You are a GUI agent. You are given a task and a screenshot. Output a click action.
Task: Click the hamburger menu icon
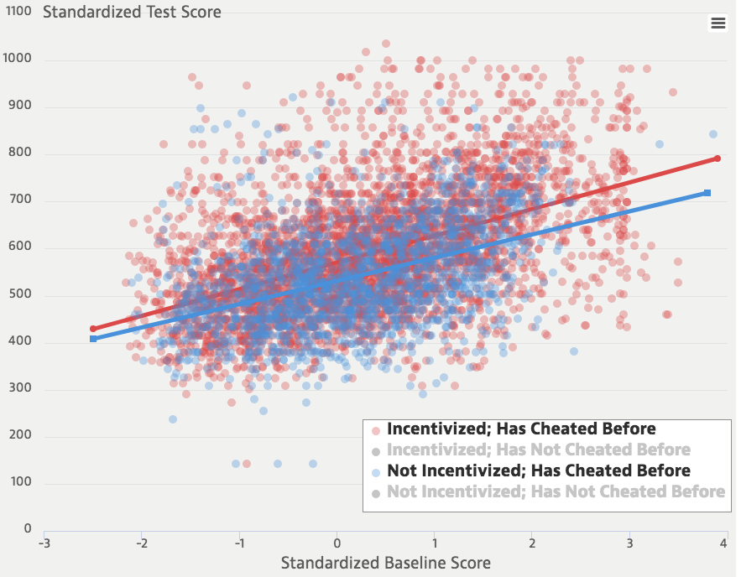pyautogui.click(x=718, y=23)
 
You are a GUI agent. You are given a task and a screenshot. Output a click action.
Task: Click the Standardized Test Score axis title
pyautogui.click(x=132, y=12)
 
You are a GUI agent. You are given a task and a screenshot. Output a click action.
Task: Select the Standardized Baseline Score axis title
pyautogui.click(x=385, y=562)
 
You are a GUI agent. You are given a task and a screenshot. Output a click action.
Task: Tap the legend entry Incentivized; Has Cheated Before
pyautogui.click(x=521, y=429)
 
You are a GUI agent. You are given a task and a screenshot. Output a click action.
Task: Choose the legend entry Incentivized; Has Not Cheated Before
pyautogui.click(x=538, y=450)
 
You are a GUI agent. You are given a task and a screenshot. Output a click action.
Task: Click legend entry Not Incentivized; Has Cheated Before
pyautogui.click(x=538, y=470)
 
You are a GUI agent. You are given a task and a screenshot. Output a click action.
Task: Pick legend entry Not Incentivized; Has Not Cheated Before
pyautogui.click(x=556, y=491)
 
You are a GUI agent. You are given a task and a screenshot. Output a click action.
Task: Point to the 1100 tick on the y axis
pyautogui.click(x=18, y=13)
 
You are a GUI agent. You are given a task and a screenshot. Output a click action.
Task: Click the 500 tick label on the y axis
pyautogui.click(x=21, y=295)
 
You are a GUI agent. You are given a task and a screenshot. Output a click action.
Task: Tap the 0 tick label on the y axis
pyautogui.click(x=28, y=529)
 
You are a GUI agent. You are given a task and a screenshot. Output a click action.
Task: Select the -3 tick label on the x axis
pyautogui.click(x=44, y=543)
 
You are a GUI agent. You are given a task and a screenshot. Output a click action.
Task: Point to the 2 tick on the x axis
pyautogui.click(x=532, y=543)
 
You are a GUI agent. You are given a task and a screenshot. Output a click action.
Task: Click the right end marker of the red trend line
pyautogui.click(x=718, y=159)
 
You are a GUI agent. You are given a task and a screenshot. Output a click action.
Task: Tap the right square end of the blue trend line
pyautogui.click(x=707, y=193)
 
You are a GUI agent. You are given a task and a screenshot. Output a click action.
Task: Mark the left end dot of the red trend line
pyautogui.click(x=93, y=329)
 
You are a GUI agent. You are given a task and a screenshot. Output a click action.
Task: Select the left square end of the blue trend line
pyautogui.click(x=93, y=339)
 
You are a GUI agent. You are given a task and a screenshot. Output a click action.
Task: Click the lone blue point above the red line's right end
pyautogui.click(x=712, y=134)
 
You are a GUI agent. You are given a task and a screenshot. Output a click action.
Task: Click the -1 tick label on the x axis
pyautogui.click(x=238, y=543)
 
